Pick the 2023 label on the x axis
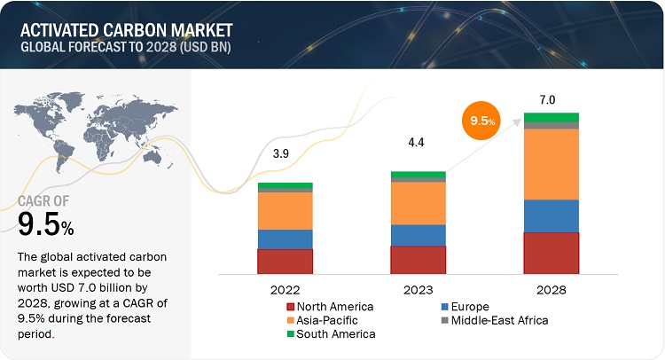(x=419, y=289)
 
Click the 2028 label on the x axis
(x=551, y=289)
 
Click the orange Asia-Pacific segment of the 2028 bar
(x=551, y=164)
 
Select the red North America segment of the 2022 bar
(x=286, y=262)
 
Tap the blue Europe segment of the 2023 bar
(x=418, y=235)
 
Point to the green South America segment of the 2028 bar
(x=551, y=117)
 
